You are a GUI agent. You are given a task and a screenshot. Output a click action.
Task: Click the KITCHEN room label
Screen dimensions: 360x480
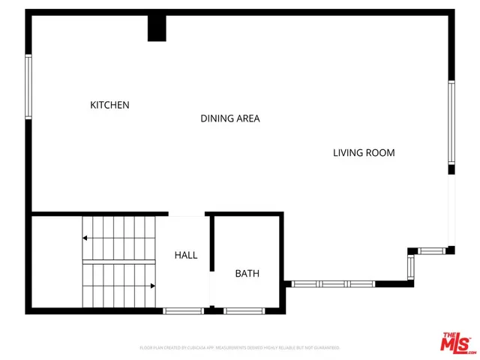109,105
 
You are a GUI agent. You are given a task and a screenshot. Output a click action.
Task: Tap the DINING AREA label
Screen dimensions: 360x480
229,118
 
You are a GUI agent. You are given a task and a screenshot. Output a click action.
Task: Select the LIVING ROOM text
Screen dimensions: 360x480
364,153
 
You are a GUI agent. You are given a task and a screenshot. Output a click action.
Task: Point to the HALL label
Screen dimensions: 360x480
186,255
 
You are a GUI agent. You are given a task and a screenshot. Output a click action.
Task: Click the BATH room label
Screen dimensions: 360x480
247,274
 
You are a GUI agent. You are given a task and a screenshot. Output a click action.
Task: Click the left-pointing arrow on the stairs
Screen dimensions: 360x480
85,238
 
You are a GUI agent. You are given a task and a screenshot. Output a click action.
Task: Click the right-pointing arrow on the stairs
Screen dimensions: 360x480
152,286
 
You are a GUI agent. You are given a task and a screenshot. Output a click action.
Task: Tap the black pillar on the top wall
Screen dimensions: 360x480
157,28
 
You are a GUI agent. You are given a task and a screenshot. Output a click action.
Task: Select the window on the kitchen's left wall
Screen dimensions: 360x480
28,85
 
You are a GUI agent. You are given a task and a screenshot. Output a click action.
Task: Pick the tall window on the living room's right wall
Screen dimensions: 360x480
451,122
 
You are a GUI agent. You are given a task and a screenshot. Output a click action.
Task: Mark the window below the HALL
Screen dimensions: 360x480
183,310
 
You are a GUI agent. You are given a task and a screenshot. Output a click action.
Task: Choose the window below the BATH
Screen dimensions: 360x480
243,310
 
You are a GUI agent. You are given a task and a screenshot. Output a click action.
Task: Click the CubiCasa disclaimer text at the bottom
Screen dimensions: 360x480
240,348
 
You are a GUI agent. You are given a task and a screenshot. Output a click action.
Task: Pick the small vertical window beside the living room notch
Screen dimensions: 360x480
411,266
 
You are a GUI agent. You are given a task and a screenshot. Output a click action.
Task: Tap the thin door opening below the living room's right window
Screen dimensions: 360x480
451,210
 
